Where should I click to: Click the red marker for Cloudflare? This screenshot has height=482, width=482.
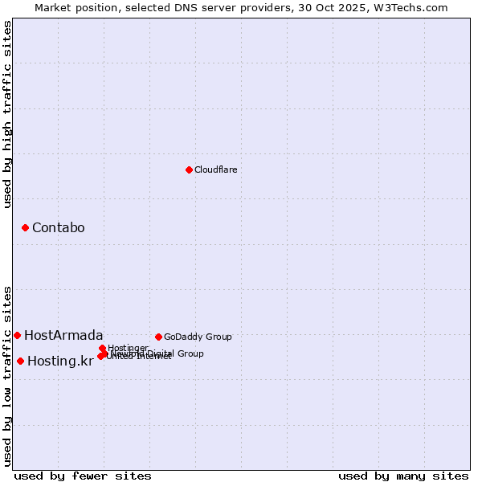pyautogui.click(x=189, y=170)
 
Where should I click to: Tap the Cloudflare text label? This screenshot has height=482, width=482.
pyautogui.click(x=216, y=170)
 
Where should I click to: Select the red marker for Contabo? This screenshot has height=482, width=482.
pyautogui.click(x=25, y=228)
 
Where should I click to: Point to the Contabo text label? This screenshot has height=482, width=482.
pyautogui.click(x=58, y=228)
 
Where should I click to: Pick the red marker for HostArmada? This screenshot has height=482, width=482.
pyautogui.click(x=17, y=335)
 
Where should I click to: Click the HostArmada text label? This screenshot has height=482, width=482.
pyautogui.click(x=63, y=335)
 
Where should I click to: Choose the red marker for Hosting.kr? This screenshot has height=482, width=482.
pyautogui.click(x=20, y=361)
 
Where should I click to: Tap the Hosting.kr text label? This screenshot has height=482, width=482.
pyautogui.click(x=60, y=361)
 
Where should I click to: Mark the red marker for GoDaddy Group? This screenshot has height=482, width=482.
pyautogui.click(x=158, y=337)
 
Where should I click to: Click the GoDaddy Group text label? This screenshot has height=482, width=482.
pyautogui.click(x=198, y=337)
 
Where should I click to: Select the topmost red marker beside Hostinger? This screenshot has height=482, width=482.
pyautogui.click(x=102, y=348)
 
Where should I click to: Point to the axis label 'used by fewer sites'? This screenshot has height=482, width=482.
pyautogui.click(x=83, y=476)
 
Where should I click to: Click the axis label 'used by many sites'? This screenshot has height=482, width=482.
pyautogui.click(x=403, y=476)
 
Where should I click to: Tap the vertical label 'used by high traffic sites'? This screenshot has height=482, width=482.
pyautogui.click(x=8, y=114)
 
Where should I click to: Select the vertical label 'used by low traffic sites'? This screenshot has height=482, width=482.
pyautogui.click(x=8, y=376)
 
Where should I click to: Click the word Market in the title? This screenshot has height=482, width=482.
pyautogui.click(x=53, y=7)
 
